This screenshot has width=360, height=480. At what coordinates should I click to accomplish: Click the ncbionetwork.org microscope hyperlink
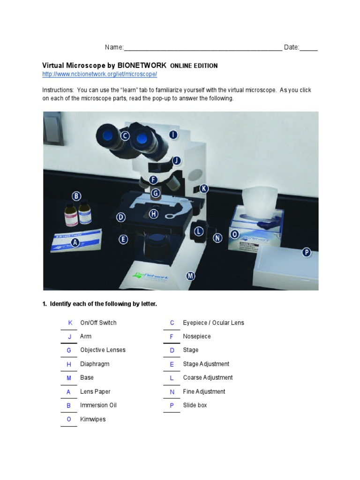(99, 75)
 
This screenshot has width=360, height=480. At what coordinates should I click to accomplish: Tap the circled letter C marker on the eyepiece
(125, 136)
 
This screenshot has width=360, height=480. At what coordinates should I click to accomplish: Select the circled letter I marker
(173, 135)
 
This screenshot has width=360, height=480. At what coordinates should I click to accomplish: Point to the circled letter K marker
(203, 188)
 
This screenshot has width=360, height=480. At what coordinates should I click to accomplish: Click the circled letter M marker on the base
(190, 276)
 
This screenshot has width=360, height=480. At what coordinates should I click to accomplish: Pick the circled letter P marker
(306, 253)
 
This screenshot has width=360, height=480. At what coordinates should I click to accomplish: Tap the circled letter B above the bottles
(76, 196)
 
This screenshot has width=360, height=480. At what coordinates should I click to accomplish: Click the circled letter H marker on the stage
(154, 214)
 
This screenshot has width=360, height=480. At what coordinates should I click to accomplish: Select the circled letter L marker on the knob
(199, 231)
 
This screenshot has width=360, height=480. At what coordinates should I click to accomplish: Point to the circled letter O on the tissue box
(234, 233)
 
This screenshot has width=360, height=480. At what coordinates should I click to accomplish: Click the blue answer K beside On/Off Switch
(70, 323)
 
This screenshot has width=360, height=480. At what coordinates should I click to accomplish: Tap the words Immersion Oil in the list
(98, 405)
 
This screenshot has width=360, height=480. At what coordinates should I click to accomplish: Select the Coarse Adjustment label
(208, 378)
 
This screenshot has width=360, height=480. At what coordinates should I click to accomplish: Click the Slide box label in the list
(195, 405)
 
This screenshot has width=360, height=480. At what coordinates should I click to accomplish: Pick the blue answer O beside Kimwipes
(69, 420)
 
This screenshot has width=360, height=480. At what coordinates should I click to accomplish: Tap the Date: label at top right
(291, 47)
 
